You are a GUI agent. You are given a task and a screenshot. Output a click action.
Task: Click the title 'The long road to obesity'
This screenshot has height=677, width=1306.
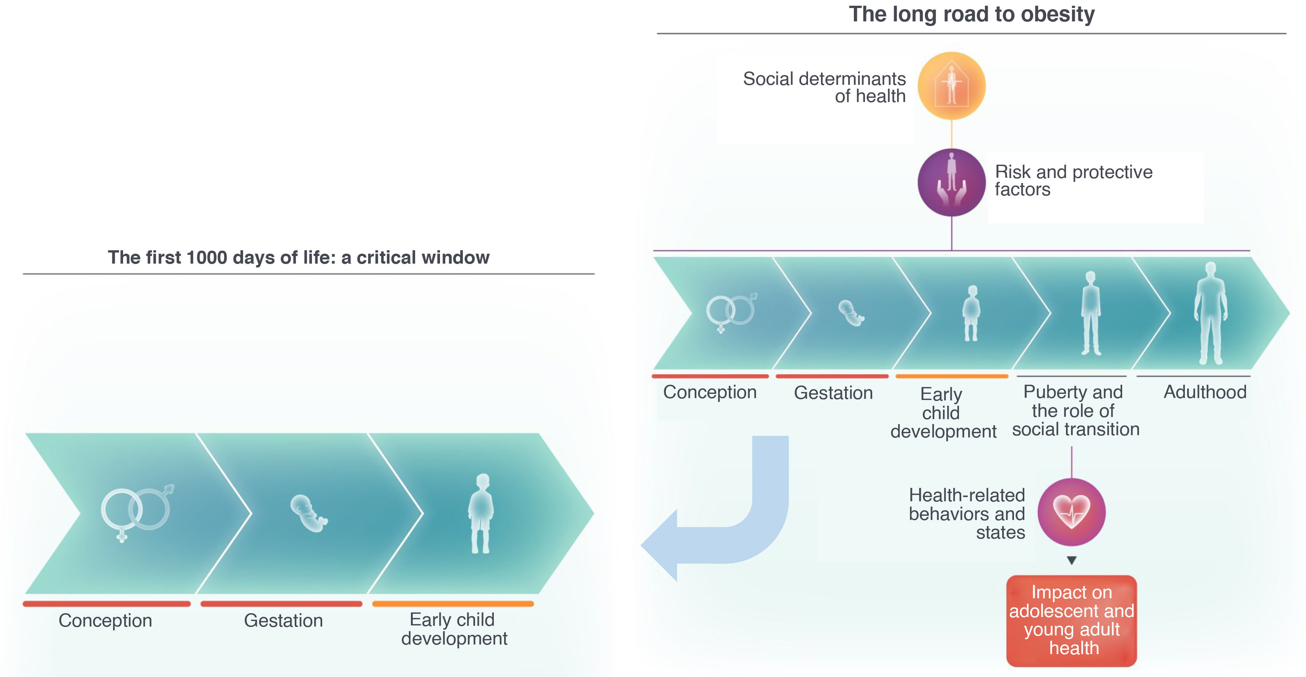point(972,14)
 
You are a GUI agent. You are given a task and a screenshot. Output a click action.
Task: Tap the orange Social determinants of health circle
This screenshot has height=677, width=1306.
point(952,86)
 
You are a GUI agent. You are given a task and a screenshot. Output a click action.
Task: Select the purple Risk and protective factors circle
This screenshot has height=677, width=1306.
point(952,182)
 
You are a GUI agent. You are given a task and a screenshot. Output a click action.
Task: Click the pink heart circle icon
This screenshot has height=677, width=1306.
point(1071,512)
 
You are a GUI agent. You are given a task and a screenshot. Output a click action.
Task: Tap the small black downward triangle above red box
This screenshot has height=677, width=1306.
point(1071,560)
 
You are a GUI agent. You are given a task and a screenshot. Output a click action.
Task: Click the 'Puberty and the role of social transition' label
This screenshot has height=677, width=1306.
point(1075,410)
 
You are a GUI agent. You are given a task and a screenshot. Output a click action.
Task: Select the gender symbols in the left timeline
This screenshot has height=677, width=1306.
point(136,512)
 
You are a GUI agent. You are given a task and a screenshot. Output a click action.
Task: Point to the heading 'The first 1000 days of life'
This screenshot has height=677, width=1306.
point(299,258)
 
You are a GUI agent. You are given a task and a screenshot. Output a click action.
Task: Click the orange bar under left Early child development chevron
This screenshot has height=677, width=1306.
point(453,604)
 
